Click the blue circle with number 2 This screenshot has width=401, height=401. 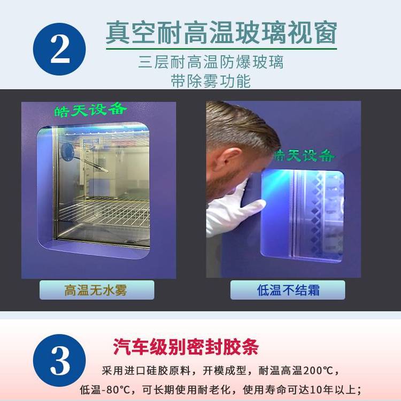click(59, 49)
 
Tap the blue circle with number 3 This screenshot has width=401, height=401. click(59, 360)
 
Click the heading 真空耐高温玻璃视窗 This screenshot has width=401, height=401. click(221, 33)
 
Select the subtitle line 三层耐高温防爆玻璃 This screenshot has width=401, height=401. click(211, 62)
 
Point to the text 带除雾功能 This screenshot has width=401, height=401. click(211, 81)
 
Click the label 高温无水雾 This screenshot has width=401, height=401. click(96, 290)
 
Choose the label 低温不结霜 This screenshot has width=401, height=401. click(288, 290)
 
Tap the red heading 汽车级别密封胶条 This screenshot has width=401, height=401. click(186, 347)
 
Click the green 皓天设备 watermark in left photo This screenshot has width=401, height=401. click(91, 110)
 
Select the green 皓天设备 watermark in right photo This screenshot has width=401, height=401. click(304, 155)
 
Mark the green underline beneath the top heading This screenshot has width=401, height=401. click(221, 49)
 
